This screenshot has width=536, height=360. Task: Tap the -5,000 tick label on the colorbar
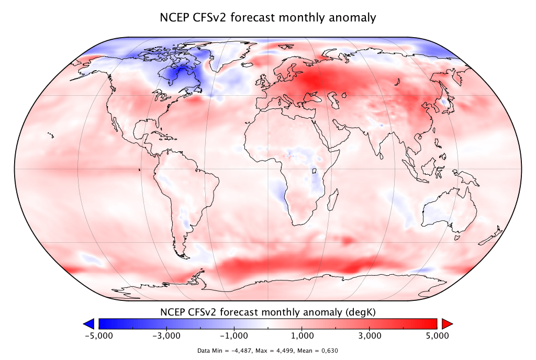point(98,335)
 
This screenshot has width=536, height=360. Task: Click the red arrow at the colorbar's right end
point(446,323)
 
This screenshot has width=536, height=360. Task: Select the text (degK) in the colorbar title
point(362,312)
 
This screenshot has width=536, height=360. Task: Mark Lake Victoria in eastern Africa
point(315,171)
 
